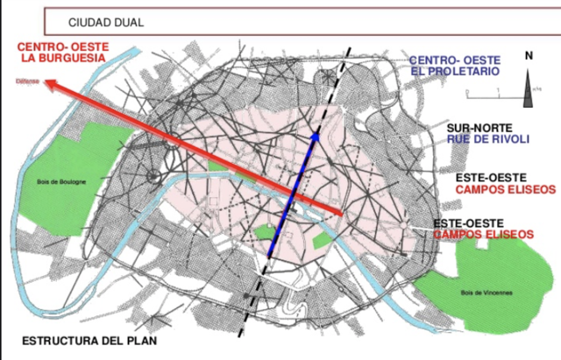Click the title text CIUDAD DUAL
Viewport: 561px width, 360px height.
106,21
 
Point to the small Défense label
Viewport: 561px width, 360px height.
26,83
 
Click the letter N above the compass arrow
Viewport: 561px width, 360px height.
529,55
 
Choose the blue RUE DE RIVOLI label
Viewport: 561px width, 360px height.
485,138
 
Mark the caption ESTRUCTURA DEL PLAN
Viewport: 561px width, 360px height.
90,341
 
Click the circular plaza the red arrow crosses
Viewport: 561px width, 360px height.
155,175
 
